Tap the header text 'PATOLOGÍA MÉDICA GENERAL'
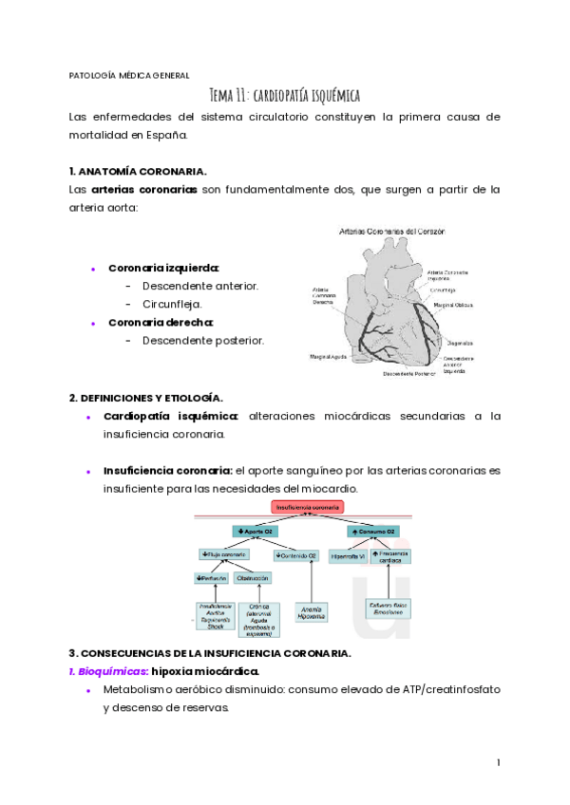129,75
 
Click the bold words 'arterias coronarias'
144,189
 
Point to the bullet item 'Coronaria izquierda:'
163,268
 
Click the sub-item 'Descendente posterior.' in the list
203,340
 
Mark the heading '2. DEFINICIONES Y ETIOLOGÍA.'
146,397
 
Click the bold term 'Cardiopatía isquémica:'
171,416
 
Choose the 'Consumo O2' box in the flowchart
372,532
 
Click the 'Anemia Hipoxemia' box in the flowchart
312,612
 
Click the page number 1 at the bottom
498,762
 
